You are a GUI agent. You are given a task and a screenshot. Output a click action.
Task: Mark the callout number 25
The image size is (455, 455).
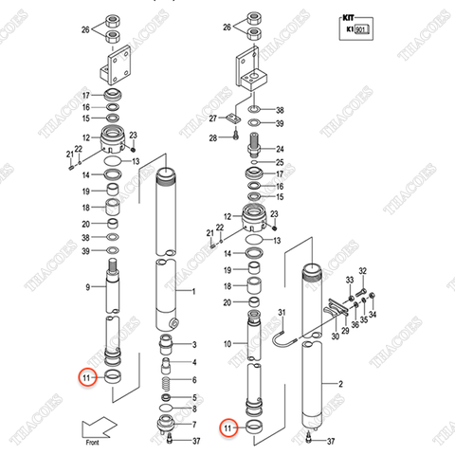(280, 163)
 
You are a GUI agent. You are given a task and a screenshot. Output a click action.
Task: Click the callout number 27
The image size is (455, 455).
(213, 118)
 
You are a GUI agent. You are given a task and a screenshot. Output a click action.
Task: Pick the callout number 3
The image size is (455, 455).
(194, 344)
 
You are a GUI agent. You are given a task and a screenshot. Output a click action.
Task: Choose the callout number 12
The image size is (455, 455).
(85, 138)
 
